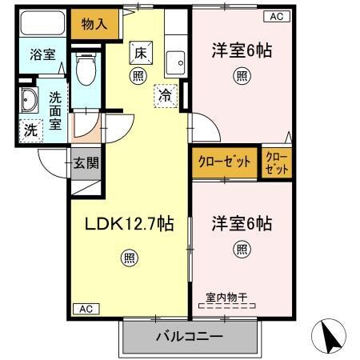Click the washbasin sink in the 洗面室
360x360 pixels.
click(x=31, y=101)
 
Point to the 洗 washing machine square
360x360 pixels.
click(x=29, y=128)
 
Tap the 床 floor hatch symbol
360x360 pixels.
click(x=138, y=54)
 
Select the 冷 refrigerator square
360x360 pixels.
click(x=164, y=94)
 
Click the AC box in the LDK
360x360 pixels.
click(x=86, y=308)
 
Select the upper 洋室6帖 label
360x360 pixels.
click(x=241, y=50)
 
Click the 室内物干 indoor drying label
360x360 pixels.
click(x=227, y=298)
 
